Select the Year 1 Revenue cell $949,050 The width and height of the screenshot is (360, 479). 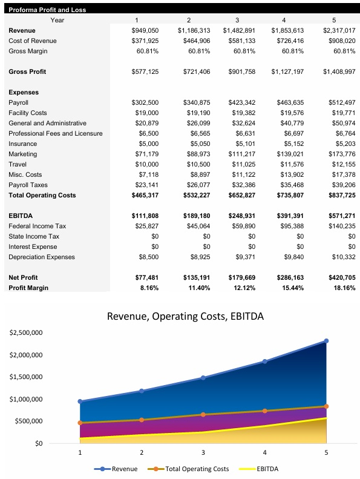click(x=145, y=30)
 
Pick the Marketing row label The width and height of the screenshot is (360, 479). click(x=22, y=154)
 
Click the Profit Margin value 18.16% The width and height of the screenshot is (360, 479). click(x=343, y=288)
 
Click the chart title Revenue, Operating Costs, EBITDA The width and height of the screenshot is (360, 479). click(x=185, y=316)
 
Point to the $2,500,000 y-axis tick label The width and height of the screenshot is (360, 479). click(x=25, y=333)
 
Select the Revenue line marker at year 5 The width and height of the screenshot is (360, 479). click(x=326, y=341)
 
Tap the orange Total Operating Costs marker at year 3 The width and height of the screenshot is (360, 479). click(x=203, y=415)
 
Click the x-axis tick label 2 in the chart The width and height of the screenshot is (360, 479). click(x=142, y=452)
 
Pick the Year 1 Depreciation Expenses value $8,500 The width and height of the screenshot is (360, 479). click(x=148, y=257)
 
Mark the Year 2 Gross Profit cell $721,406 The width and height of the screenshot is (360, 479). click(x=197, y=71)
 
